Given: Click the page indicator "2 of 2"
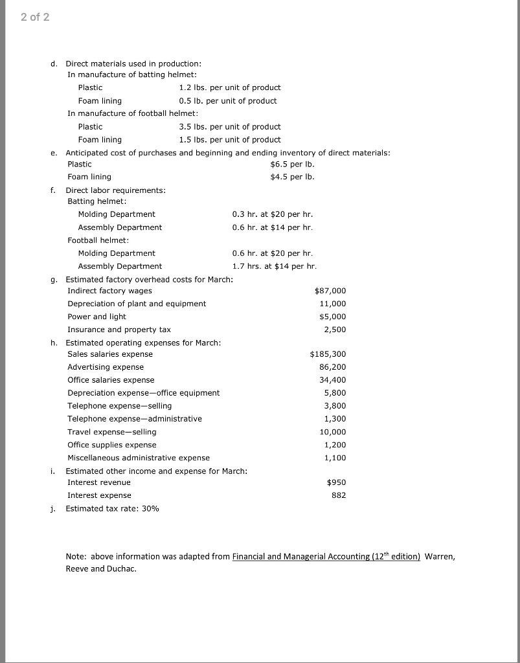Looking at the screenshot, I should pos(34,17).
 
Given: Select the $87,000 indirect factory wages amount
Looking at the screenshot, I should pos(330,291).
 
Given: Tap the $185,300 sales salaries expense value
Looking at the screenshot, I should pos(328,354).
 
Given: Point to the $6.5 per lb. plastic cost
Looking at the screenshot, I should pos(292,164).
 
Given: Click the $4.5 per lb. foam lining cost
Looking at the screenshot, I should pos(292,177).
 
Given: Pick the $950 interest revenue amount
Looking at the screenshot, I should pos(335,482).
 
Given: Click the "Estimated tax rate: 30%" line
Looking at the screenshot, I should pos(112,508).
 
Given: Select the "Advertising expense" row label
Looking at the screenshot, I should pos(106,367).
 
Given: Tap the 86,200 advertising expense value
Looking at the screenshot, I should pos(333,367).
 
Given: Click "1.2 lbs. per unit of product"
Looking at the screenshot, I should pos(230,87).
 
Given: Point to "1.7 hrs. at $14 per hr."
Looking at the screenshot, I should pos(275,266).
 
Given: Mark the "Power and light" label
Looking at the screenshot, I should pos(96,317).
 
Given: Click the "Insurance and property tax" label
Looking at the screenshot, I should pos(119,330).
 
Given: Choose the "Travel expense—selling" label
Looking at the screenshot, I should pos(111,432).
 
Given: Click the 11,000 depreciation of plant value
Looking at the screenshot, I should pos(333,304).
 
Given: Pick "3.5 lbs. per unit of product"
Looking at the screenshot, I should pos(230,126).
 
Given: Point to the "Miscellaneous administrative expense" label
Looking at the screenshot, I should pos(139,458).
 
